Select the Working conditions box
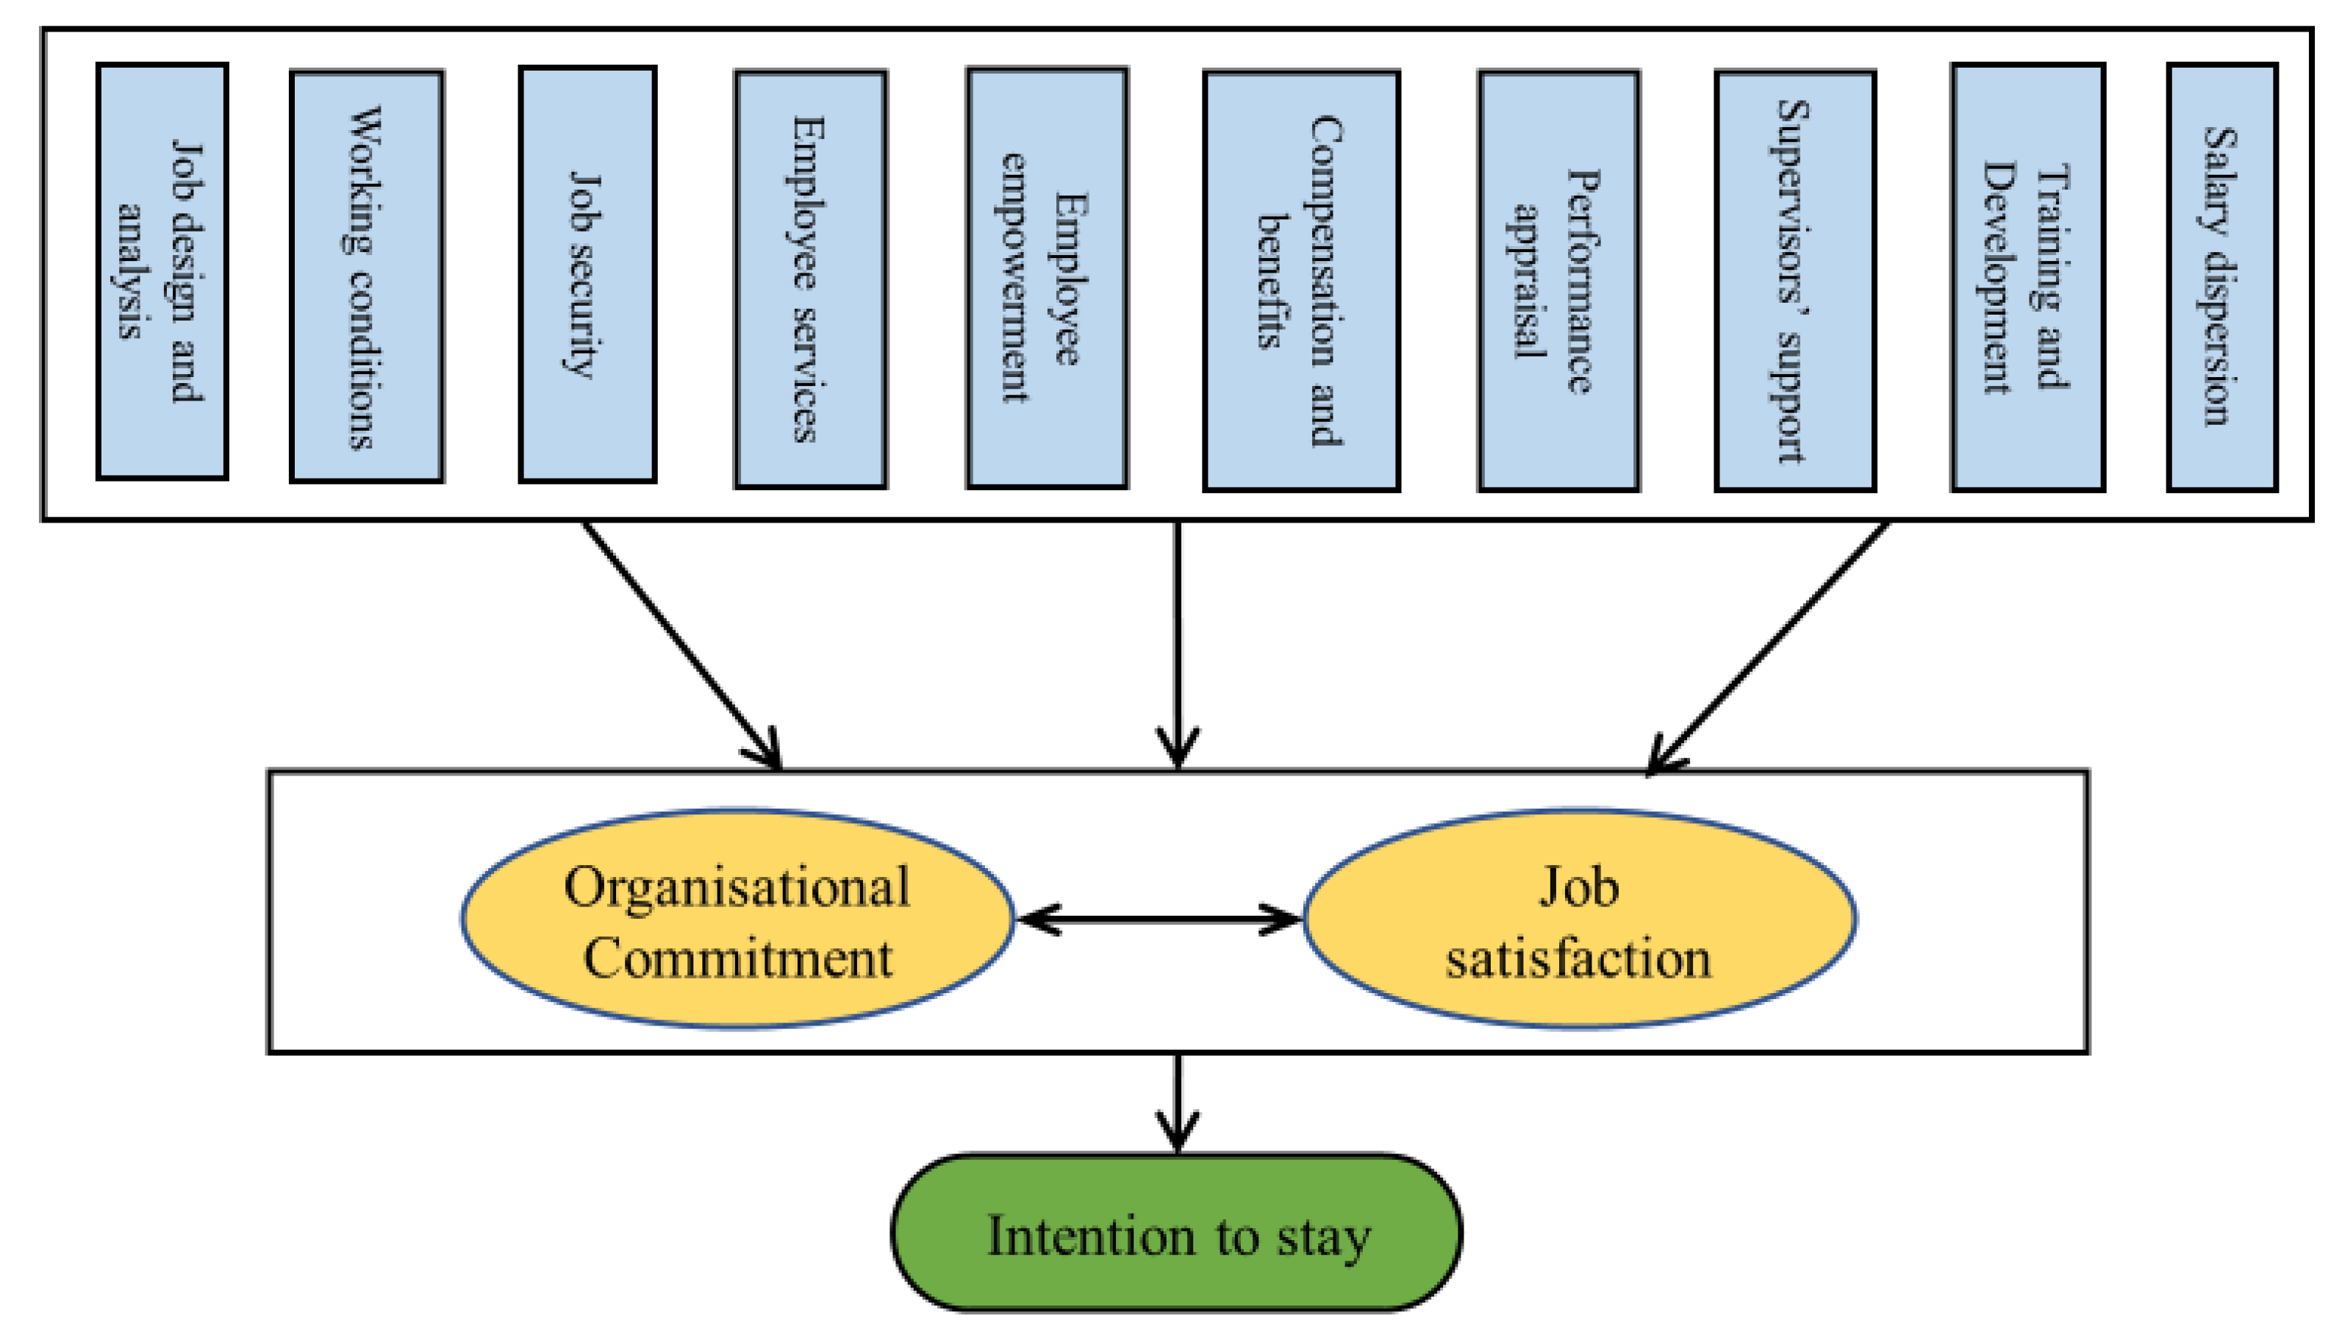366,276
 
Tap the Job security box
587,274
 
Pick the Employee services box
810,279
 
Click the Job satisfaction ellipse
1578,919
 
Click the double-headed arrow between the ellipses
1159,919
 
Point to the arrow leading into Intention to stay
1177,1102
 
